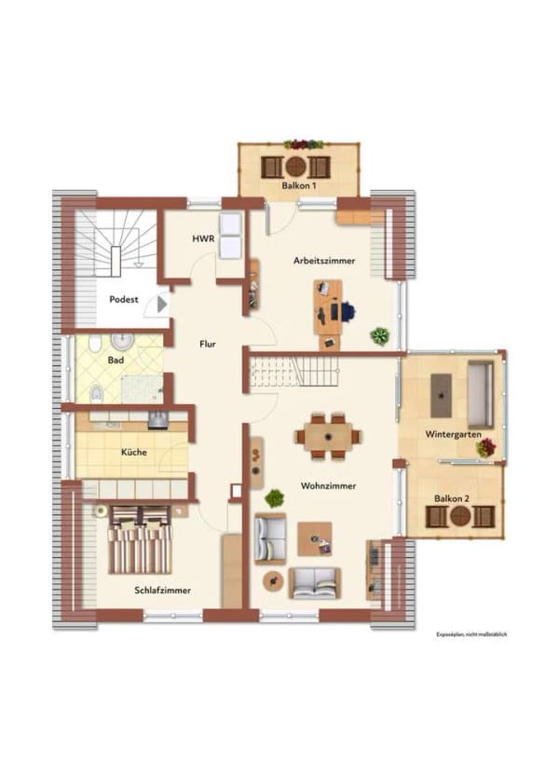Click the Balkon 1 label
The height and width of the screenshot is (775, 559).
[298, 186]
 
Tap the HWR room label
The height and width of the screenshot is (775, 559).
[203, 238]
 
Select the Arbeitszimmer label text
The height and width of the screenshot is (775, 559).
[324, 261]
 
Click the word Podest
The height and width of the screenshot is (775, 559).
[124, 299]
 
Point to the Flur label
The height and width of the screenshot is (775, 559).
[208, 344]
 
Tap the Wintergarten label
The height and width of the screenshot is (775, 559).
[453, 434]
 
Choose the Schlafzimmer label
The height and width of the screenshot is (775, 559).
[163, 591]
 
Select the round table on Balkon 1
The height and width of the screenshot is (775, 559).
[295, 167]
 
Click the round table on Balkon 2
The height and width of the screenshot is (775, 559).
[460, 516]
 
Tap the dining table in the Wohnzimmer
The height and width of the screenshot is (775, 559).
[328, 437]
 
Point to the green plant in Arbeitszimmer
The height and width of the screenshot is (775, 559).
[379, 336]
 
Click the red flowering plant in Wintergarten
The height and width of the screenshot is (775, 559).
[485, 448]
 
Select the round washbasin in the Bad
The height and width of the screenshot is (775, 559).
[122, 341]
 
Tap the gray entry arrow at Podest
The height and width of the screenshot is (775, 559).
[161, 305]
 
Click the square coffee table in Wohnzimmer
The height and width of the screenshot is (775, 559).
[314, 538]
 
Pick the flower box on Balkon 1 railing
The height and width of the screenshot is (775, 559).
[304, 144]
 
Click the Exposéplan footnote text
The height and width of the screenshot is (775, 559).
[471, 634]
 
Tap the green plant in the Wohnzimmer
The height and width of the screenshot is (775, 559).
[274, 498]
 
